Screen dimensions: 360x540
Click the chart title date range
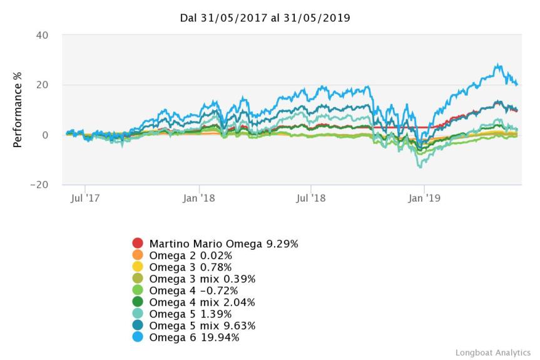coord(265,18)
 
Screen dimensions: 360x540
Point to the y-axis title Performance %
coord(18,110)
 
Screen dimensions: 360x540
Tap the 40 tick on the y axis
coord(42,35)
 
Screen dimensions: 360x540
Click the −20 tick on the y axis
coord(39,185)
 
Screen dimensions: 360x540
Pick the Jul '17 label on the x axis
coord(85,199)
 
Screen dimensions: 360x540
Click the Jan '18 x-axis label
coord(198,199)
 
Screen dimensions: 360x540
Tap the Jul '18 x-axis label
coord(311,199)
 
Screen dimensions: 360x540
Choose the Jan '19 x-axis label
coord(424,199)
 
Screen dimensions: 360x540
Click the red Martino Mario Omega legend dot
coord(138,244)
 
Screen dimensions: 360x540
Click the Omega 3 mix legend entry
coord(193,279)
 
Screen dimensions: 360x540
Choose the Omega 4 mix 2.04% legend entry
coord(193,302)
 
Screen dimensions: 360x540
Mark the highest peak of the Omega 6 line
coord(498,64)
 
